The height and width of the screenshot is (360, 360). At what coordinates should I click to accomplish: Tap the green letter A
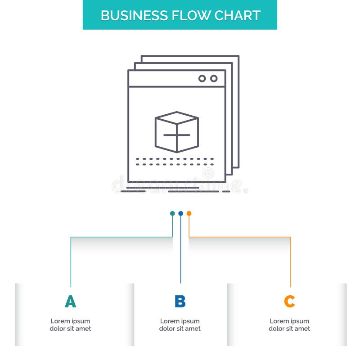(x=70, y=301)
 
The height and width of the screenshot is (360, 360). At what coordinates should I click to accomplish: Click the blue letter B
(x=180, y=301)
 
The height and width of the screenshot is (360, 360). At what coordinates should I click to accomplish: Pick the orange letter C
(x=289, y=301)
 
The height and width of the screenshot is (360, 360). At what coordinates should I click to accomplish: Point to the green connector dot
(x=172, y=213)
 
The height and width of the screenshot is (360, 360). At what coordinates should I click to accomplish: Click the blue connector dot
(x=180, y=213)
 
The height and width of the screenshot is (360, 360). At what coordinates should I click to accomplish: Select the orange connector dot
(x=189, y=213)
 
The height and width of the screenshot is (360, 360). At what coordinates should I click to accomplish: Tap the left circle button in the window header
(x=202, y=78)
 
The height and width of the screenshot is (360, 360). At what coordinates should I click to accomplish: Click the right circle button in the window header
(x=214, y=78)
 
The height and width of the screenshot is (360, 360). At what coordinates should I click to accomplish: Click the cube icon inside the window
(x=177, y=131)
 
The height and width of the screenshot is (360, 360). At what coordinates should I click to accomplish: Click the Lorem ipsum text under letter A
(x=70, y=325)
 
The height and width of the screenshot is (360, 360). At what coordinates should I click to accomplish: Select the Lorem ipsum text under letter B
(x=180, y=325)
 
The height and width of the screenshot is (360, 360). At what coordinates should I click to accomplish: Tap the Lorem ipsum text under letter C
(x=289, y=325)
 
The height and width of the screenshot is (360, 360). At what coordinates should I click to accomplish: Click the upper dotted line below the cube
(x=175, y=158)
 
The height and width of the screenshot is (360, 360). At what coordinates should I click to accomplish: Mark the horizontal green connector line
(x=121, y=237)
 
